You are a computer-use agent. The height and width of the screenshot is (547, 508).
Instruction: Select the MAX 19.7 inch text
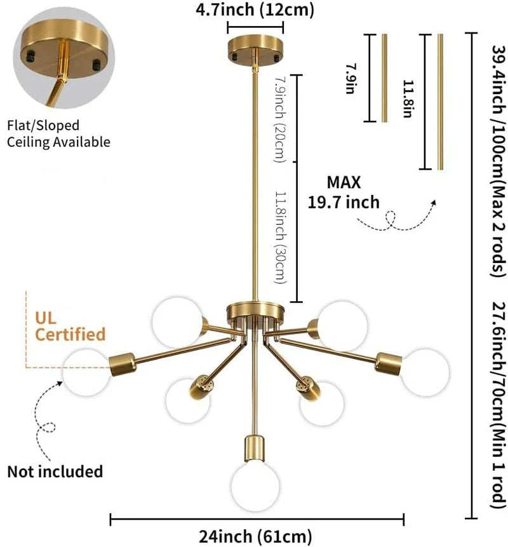click(x=344, y=192)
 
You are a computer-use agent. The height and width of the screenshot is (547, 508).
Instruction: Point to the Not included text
click(x=55, y=471)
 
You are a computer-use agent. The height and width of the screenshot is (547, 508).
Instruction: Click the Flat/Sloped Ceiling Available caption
click(x=58, y=134)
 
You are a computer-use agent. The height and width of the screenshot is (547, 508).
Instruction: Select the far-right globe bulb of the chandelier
click(x=424, y=372)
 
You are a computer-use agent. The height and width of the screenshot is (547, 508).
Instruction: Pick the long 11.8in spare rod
click(x=440, y=101)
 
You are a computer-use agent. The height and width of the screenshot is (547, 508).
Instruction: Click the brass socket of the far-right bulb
click(x=388, y=362)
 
